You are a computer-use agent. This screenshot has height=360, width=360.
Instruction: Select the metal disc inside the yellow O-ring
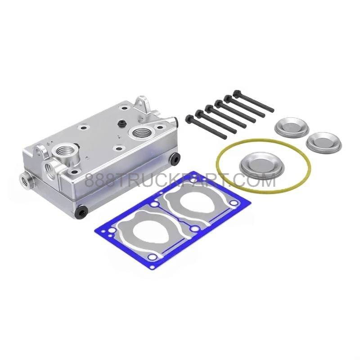tap(261, 164)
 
